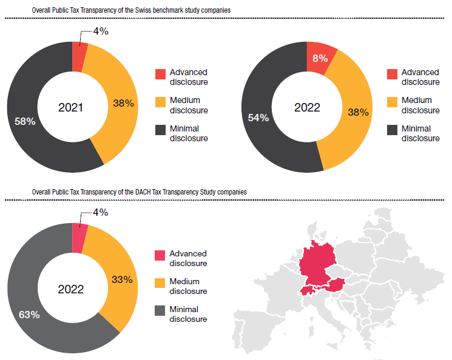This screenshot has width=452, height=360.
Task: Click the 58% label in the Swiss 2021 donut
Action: click(25, 121)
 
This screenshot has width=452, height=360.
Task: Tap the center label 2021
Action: click(70, 108)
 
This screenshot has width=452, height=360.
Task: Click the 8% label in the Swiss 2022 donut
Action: click(320, 58)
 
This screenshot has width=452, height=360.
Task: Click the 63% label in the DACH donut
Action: click(29, 315)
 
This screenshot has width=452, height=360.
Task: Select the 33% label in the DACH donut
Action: click(122, 279)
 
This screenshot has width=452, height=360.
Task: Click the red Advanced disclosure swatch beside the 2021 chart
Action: click(160, 74)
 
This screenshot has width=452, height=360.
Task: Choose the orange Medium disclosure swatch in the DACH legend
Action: click(160, 284)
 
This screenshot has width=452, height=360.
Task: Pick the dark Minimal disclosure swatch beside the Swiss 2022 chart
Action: click(392, 130)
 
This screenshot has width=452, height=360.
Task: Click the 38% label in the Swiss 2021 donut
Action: click(123, 103)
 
